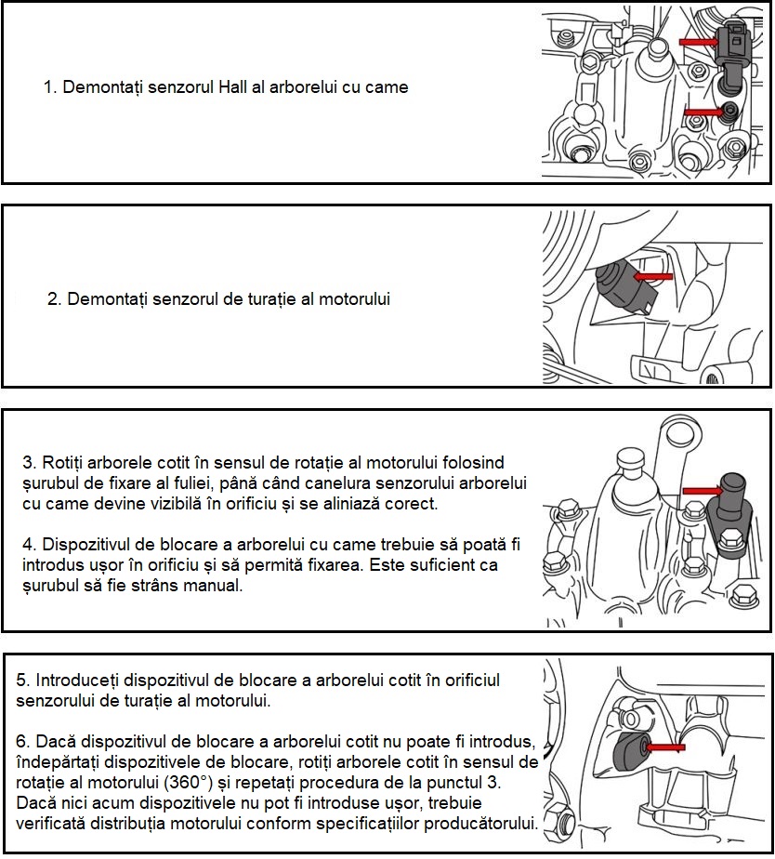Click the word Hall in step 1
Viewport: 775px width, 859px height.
coord(233,87)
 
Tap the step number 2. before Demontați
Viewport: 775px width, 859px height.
coord(55,299)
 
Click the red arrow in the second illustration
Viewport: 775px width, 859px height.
coord(653,276)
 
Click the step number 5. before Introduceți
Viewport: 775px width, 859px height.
coord(24,681)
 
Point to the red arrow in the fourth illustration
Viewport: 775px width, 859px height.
coord(666,747)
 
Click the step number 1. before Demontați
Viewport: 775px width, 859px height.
coord(50,87)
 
